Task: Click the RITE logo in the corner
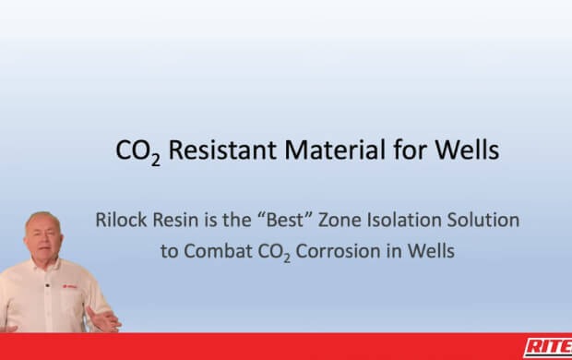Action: (x=548, y=347)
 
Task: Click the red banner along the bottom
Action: (x=277, y=346)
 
